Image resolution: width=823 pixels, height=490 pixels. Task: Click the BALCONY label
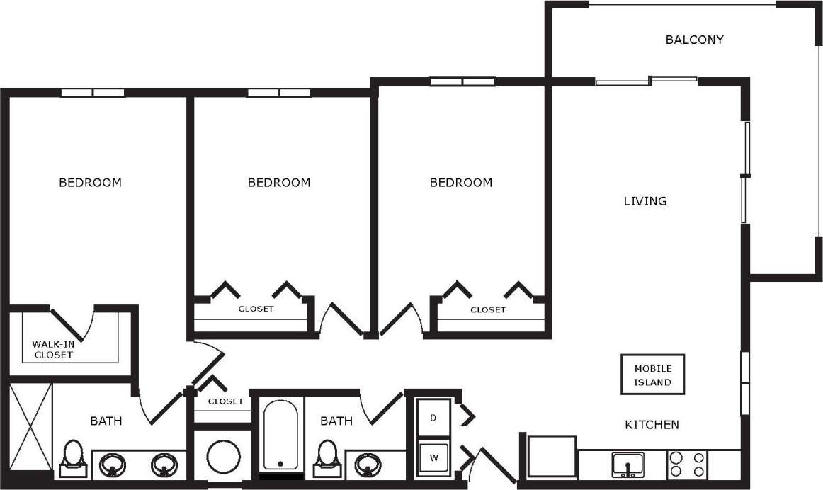694,40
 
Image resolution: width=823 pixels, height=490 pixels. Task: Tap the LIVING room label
645,201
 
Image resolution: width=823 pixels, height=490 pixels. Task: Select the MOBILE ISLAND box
652,375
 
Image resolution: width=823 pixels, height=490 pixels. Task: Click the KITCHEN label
652,425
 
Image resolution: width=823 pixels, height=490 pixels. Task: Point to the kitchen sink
628,465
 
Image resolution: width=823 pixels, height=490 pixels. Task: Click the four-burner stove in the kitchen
687,465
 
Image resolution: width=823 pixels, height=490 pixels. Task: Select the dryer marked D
433,417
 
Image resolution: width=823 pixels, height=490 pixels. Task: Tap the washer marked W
433,457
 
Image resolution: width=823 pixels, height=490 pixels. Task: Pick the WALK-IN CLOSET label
53,349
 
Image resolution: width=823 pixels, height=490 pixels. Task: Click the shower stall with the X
30,428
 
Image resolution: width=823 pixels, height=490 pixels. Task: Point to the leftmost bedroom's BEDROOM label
90,183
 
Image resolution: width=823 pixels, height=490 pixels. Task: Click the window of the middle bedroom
278,93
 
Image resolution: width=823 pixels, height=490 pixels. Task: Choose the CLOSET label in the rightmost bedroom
488,310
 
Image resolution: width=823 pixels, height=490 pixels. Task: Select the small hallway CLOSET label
225,401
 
